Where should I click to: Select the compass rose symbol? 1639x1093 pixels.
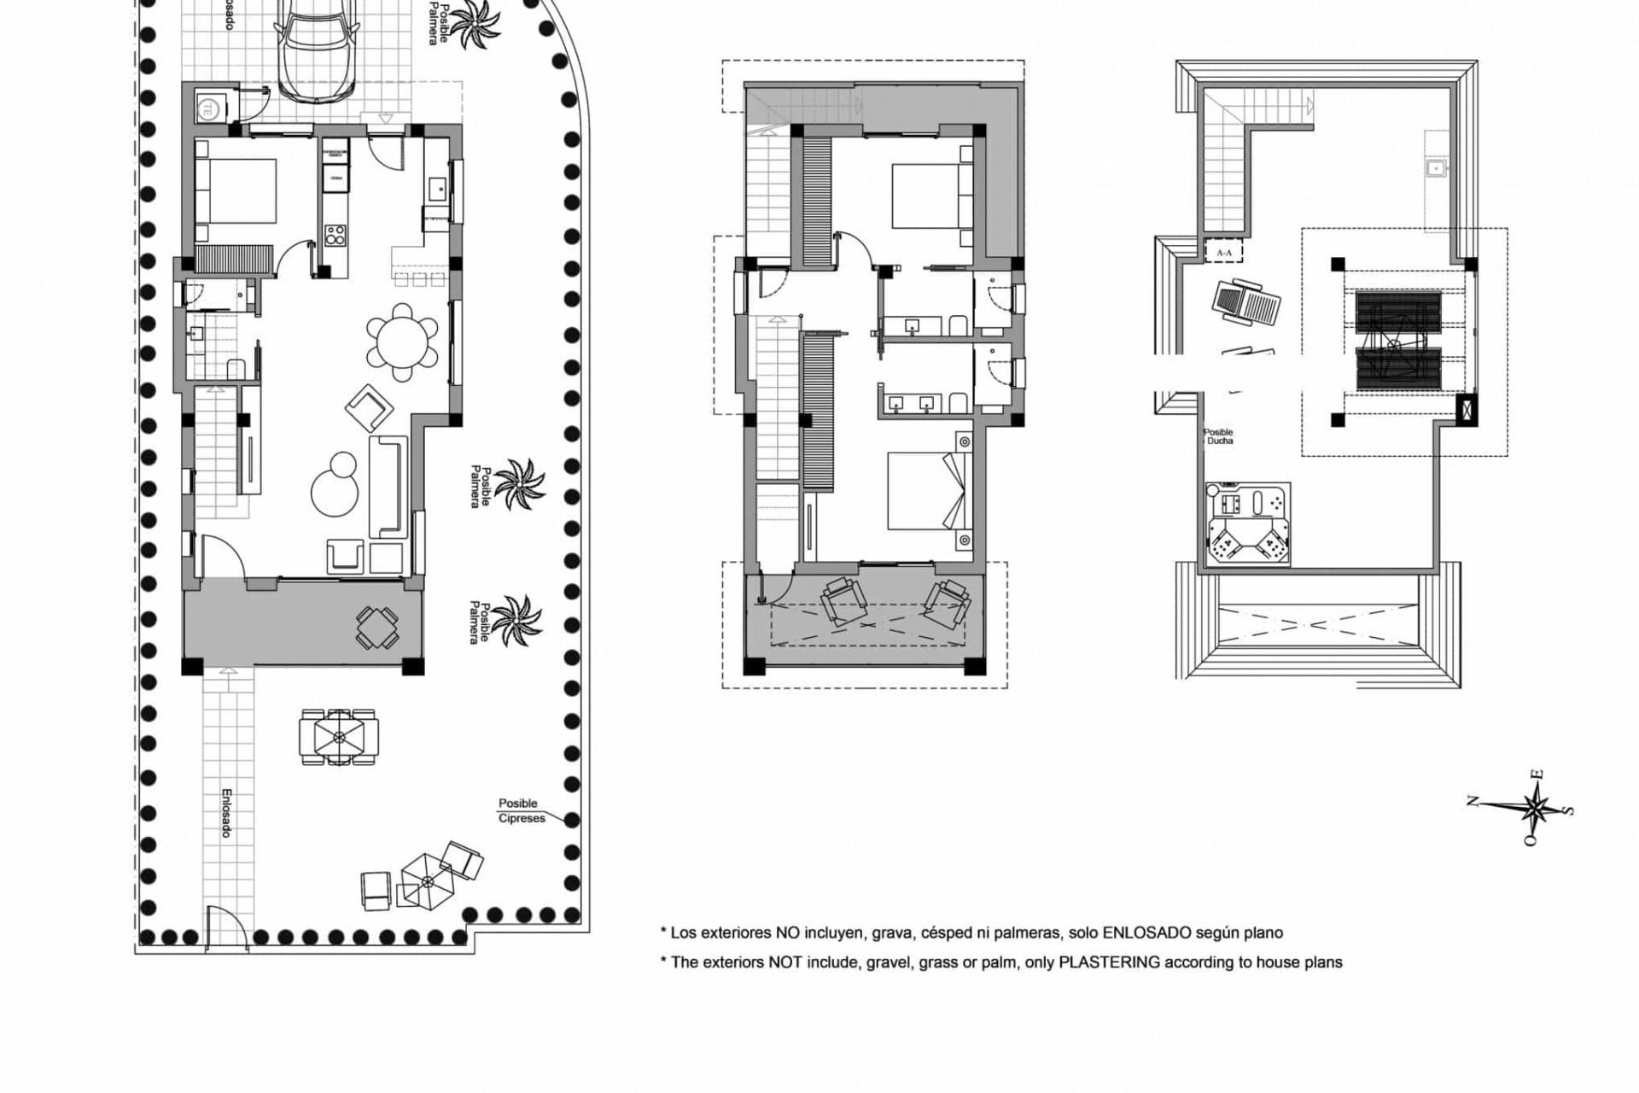(1535, 807)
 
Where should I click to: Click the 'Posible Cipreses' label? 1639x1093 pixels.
(519, 811)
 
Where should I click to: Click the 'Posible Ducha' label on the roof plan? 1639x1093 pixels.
(1218, 437)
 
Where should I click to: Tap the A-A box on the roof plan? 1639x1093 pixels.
(1223, 253)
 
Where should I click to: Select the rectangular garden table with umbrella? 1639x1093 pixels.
(338, 736)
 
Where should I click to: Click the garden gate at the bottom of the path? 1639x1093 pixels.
(225, 926)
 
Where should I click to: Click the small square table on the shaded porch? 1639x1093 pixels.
(376, 628)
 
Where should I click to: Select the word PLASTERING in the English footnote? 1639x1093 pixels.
(1108, 962)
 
